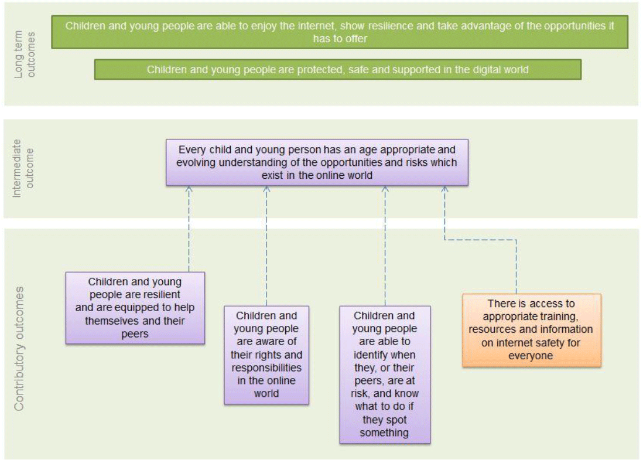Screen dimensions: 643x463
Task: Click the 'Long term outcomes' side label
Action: point(25,54)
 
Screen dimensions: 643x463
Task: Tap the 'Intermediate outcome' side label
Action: point(23,168)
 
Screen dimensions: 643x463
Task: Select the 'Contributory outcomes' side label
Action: point(19,349)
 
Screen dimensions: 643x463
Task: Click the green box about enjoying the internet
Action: point(340,32)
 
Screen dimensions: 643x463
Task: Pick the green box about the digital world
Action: point(337,69)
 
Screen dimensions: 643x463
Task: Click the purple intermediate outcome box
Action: point(317,162)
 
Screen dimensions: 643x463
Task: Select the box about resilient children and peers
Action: point(135,308)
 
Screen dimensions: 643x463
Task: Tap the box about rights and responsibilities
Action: point(266,355)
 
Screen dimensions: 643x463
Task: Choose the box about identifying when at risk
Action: point(385,375)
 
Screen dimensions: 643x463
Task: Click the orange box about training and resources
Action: point(532,330)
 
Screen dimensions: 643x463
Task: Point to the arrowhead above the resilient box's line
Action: point(189,189)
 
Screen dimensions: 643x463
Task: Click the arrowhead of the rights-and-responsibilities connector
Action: point(266,189)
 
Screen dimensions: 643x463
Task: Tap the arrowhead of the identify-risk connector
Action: point(385,189)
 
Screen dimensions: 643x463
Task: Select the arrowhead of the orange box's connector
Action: point(445,189)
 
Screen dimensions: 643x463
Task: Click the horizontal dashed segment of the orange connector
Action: point(481,240)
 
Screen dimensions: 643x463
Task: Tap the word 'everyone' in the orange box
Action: point(531,356)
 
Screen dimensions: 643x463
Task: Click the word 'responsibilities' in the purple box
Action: point(266,368)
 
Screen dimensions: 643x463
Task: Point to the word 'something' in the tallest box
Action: point(384,433)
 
